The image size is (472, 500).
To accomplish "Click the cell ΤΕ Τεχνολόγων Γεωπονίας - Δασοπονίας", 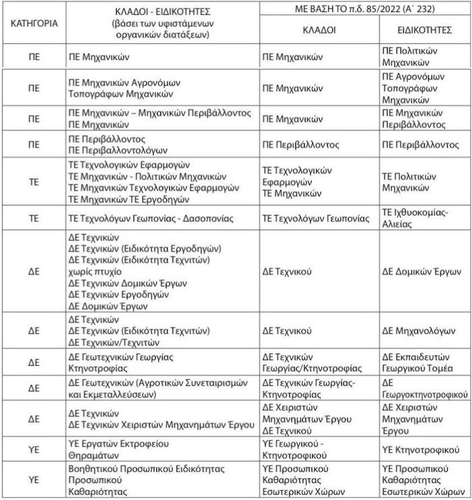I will coord(151,219).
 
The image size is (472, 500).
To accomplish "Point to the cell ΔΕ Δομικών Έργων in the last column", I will coord(420,271).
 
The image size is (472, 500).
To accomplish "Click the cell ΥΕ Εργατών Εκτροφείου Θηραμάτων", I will coord(119,449).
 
